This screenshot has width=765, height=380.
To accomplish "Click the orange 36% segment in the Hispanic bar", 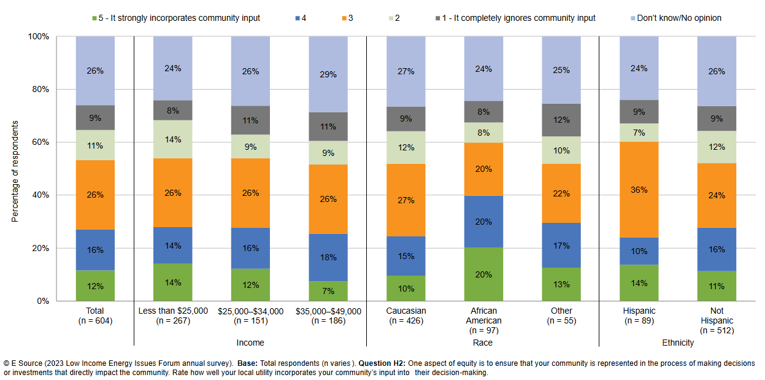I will (x=639, y=190).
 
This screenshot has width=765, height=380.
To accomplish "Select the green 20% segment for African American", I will (x=483, y=274).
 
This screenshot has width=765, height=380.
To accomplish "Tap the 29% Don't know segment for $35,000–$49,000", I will (x=328, y=74).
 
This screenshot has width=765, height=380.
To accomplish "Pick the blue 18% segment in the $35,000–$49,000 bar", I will (x=328, y=257).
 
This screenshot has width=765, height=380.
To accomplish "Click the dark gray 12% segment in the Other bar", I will (x=561, y=120).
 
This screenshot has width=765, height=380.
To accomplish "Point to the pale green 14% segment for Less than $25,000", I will (x=173, y=139).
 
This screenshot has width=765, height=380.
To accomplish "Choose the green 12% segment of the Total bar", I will (x=95, y=285).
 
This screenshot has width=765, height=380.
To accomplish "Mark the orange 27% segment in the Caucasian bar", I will (x=406, y=200).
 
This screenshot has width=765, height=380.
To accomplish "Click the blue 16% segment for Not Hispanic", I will (x=717, y=249).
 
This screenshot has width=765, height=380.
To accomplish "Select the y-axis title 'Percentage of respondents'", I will (x=15, y=171).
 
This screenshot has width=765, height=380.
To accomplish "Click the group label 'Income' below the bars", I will (x=250, y=343).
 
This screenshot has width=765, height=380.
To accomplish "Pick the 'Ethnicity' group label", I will (x=678, y=343).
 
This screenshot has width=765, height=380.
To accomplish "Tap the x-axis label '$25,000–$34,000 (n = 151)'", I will (x=250, y=316).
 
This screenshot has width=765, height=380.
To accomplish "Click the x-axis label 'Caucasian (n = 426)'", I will (x=406, y=316).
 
